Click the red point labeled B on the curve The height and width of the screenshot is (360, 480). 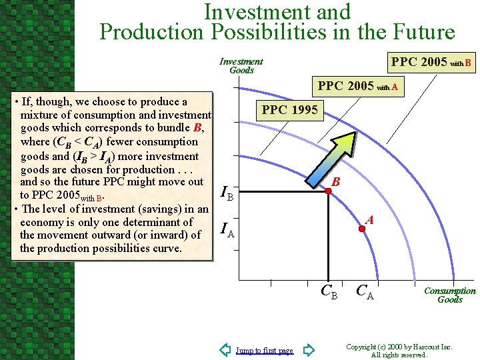point(327,191)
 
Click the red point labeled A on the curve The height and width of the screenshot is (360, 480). point(361,229)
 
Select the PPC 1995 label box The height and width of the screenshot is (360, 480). point(290,109)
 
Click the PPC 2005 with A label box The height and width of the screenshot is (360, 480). point(358,86)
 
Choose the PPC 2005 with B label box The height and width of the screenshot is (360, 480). point(431,63)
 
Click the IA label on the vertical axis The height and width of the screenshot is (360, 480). point(227,231)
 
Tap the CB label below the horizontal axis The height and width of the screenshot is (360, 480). point(329,291)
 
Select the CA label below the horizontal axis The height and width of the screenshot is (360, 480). point(365,291)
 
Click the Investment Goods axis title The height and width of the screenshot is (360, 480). point(241,65)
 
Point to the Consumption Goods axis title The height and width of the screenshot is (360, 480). point(450,295)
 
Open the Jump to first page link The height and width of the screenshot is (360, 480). point(265,351)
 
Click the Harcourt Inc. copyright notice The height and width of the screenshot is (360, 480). point(399,351)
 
